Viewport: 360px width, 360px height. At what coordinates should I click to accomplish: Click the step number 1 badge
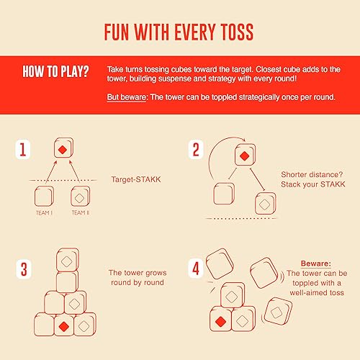pos(24,150)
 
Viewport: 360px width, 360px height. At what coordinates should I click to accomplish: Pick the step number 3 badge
pos(24,270)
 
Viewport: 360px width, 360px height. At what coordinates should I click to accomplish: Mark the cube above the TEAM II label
pos(81,197)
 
